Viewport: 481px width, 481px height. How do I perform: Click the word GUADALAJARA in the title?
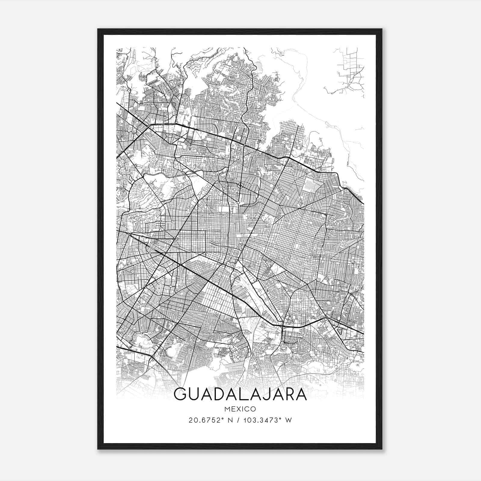point(240,395)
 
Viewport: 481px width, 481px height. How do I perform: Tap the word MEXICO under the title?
point(240,409)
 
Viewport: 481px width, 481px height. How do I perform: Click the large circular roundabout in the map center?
point(240,185)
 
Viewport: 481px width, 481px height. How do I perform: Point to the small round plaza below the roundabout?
point(238,203)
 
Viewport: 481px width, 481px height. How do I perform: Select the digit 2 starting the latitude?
point(191,420)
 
